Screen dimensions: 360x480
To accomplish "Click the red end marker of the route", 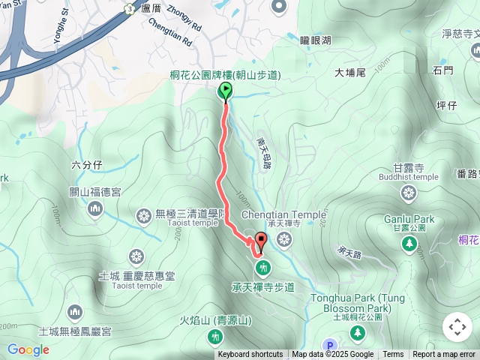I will [x=261, y=241].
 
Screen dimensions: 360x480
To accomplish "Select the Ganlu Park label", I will [x=409, y=219].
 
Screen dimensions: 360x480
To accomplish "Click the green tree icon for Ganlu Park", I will [x=409, y=242].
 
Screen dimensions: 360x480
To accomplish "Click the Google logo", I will [x=28, y=349].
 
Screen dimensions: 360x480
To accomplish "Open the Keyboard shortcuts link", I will [x=250, y=355].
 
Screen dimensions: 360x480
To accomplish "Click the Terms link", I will [x=393, y=355].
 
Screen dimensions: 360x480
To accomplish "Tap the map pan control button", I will [x=457, y=327].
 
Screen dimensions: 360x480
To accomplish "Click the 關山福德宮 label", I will [x=95, y=192].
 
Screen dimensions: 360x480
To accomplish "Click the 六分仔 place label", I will [x=85, y=166].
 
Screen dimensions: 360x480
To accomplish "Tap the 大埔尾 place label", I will [x=349, y=73].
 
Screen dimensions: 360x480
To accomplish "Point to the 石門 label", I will [x=442, y=70].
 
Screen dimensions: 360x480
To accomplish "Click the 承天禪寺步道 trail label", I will [x=262, y=287].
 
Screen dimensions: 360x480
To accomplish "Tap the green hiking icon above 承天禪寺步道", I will [x=262, y=267].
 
